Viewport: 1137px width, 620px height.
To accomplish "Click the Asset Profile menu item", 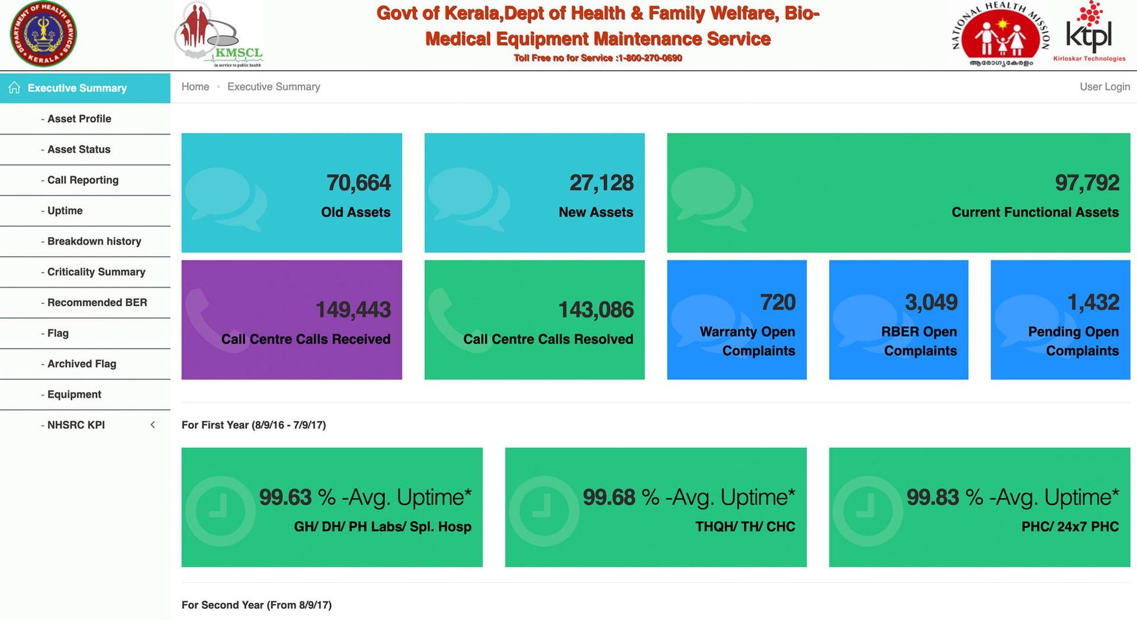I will [x=79, y=118].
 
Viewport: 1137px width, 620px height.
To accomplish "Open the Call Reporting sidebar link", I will [x=82, y=180].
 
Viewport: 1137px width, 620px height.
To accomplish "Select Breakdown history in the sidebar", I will [x=94, y=241].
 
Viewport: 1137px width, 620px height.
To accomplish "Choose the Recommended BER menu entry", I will [x=97, y=303].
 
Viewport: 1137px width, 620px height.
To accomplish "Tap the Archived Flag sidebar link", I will [x=81, y=364].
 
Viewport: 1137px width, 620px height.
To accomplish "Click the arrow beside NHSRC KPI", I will [x=153, y=425].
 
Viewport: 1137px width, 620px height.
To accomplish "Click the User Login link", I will [x=1104, y=86].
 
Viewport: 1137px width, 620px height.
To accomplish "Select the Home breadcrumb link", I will [x=195, y=86].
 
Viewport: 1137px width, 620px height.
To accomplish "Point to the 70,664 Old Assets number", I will [x=358, y=183].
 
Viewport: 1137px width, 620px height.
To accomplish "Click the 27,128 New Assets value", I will [x=601, y=183].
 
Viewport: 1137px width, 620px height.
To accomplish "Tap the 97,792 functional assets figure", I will [x=1087, y=183].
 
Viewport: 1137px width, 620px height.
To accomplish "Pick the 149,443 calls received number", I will [x=353, y=310].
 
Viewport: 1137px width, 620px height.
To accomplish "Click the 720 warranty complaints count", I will [x=778, y=303].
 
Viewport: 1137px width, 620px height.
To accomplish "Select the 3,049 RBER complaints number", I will [x=931, y=303].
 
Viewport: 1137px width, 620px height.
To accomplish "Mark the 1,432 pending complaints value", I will [x=1093, y=303].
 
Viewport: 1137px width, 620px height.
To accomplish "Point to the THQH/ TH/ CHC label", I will [x=745, y=526].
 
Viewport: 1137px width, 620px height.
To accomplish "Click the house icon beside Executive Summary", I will [x=14, y=88].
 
